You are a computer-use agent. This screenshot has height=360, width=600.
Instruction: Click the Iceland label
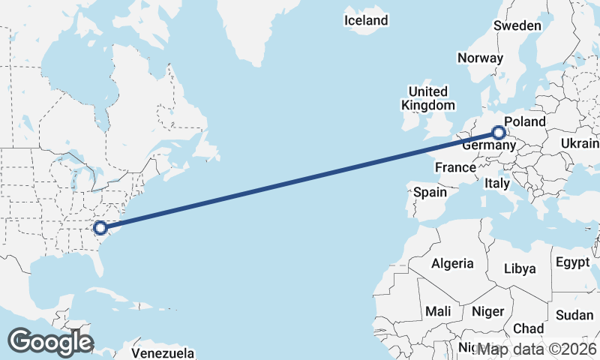(x=366, y=20)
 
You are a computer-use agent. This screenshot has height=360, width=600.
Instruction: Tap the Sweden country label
(x=517, y=25)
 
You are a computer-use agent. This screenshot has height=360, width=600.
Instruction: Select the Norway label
(x=479, y=58)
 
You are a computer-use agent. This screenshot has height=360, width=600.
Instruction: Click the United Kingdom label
(x=427, y=97)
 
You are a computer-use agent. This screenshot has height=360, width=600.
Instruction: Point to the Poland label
(x=525, y=121)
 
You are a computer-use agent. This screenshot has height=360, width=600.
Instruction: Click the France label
(x=455, y=166)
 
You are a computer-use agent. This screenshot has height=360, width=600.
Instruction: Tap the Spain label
(x=430, y=192)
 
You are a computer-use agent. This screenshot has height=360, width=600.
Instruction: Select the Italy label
(x=496, y=183)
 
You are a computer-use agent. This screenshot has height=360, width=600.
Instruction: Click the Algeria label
(x=452, y=263)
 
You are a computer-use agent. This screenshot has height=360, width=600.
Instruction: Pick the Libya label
(x=520, y=268)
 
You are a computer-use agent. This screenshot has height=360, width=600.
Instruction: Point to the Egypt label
(x=573, y=262)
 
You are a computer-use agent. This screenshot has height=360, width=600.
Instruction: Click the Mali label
(x=438, y=310)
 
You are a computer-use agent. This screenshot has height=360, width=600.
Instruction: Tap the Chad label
(x=528, y=328)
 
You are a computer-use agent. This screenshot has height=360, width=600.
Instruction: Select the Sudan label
(x=574, y=315)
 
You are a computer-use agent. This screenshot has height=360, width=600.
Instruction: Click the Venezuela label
(x=163, y=352)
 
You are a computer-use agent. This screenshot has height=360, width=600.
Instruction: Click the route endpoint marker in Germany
(x=499, y=133)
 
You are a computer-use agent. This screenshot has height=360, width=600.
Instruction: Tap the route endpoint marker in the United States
(x=100, y=227)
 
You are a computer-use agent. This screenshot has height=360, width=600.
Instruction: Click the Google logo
(x=50, y=342)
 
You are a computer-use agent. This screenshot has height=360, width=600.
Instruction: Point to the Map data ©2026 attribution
(x=538, y=349)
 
